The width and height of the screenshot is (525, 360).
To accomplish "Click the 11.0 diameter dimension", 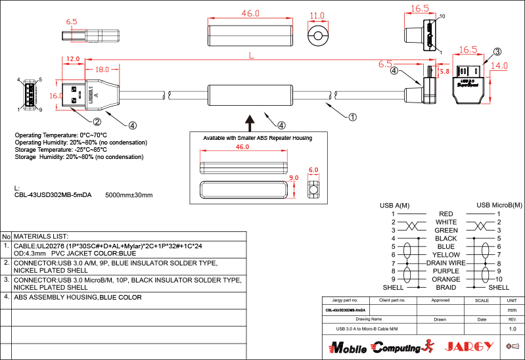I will [x=317, y=16].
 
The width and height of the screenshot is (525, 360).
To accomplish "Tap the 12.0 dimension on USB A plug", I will [x=72, y=59].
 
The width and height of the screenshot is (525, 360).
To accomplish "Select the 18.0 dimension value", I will [x=102, y=70].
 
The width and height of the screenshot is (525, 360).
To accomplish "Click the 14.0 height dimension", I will [x=499, y=66].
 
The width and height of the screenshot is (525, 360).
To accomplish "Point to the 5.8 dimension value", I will [x=444, y=71].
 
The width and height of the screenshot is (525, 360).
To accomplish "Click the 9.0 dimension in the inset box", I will [x=294, y=178].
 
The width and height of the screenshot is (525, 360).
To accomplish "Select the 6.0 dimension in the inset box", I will [x=313, y=169].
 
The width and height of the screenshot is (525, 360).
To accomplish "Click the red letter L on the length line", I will [x=251, y=56].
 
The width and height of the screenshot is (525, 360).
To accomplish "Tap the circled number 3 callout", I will [x=497, y=52].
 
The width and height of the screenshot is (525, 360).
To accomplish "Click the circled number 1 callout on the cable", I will [x=352, y=118].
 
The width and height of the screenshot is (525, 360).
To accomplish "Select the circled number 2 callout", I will [x=97, y=122].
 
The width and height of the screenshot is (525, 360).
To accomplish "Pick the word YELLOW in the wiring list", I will [x=446, y=255].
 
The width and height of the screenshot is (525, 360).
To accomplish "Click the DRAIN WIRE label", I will [x=445, y=263].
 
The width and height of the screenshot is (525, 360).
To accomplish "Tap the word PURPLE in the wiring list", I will [x=446, y=271].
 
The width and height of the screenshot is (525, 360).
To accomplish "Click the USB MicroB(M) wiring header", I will [x=499, y=206].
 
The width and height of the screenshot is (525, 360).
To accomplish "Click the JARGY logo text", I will [x=469, y=346].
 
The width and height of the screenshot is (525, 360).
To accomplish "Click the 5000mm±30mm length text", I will [x=129, y=195].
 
